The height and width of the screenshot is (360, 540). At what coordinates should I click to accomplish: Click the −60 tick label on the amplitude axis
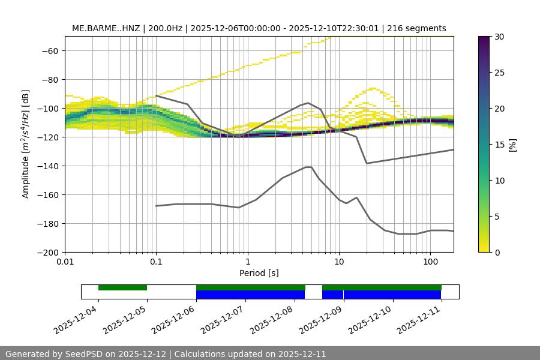click(x=49, y=50)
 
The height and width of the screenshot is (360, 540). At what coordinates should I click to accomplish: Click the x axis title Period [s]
click(x=259, y=273)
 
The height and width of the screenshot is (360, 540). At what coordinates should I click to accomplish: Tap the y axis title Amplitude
click(x=26, y=144)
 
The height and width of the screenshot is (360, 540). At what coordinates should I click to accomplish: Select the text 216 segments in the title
click(x=416, y=28)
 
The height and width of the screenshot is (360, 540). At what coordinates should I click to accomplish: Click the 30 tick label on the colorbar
click(x=499, y=37)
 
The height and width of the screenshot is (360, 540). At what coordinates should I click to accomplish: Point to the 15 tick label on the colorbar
click(x=499, y=145)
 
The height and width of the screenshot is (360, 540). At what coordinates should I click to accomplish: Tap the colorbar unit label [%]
click(x=514, y=144)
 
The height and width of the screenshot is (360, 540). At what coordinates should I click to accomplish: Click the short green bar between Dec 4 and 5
click(x=122, y=287)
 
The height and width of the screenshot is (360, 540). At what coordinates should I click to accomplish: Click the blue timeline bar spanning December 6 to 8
click(x=250, y=295)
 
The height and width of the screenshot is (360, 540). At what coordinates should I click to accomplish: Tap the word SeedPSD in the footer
click(x=83, y=354)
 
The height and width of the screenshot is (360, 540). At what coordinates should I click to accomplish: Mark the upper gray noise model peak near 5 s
click(x=308, y=103)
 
